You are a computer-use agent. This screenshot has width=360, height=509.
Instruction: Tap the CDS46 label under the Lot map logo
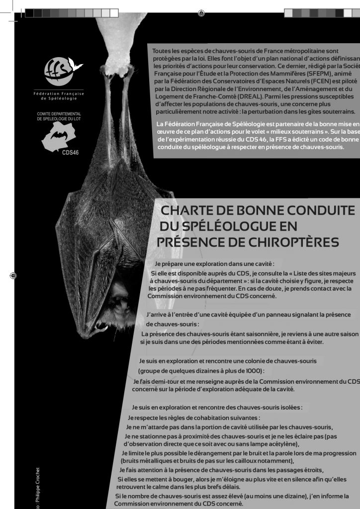point(70,152)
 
